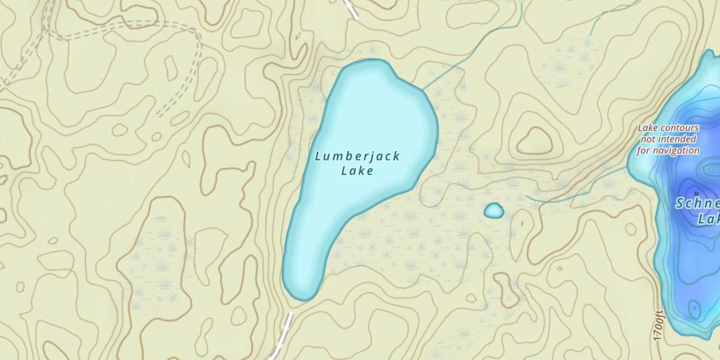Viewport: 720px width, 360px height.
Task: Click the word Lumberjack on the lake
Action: pos(358,156)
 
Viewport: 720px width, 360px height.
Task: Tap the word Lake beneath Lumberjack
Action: pos(357,170)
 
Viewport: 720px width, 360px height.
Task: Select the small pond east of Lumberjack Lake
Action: pos(493,210)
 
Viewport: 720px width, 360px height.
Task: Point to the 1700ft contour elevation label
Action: pos(659,325)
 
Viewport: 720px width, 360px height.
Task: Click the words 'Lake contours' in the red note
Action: pos(668,128)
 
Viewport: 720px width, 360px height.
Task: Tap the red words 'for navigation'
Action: pos(668,151)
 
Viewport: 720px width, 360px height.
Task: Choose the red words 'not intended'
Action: pos(668,139)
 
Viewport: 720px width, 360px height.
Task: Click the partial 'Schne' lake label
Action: pos(697,204)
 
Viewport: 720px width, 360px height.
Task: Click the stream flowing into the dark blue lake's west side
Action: pos(576,192)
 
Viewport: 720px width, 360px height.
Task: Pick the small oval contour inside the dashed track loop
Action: pos(171,68)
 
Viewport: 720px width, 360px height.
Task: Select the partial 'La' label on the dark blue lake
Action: pos(708,219)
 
